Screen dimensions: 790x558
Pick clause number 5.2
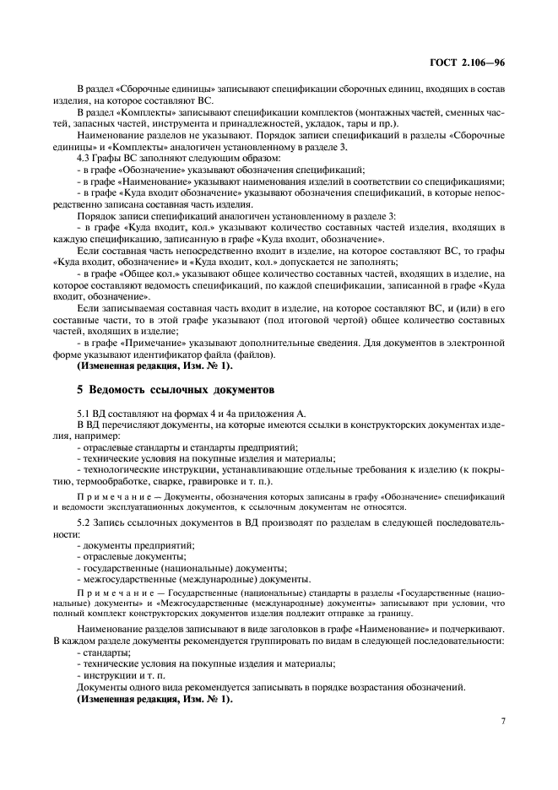84,523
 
